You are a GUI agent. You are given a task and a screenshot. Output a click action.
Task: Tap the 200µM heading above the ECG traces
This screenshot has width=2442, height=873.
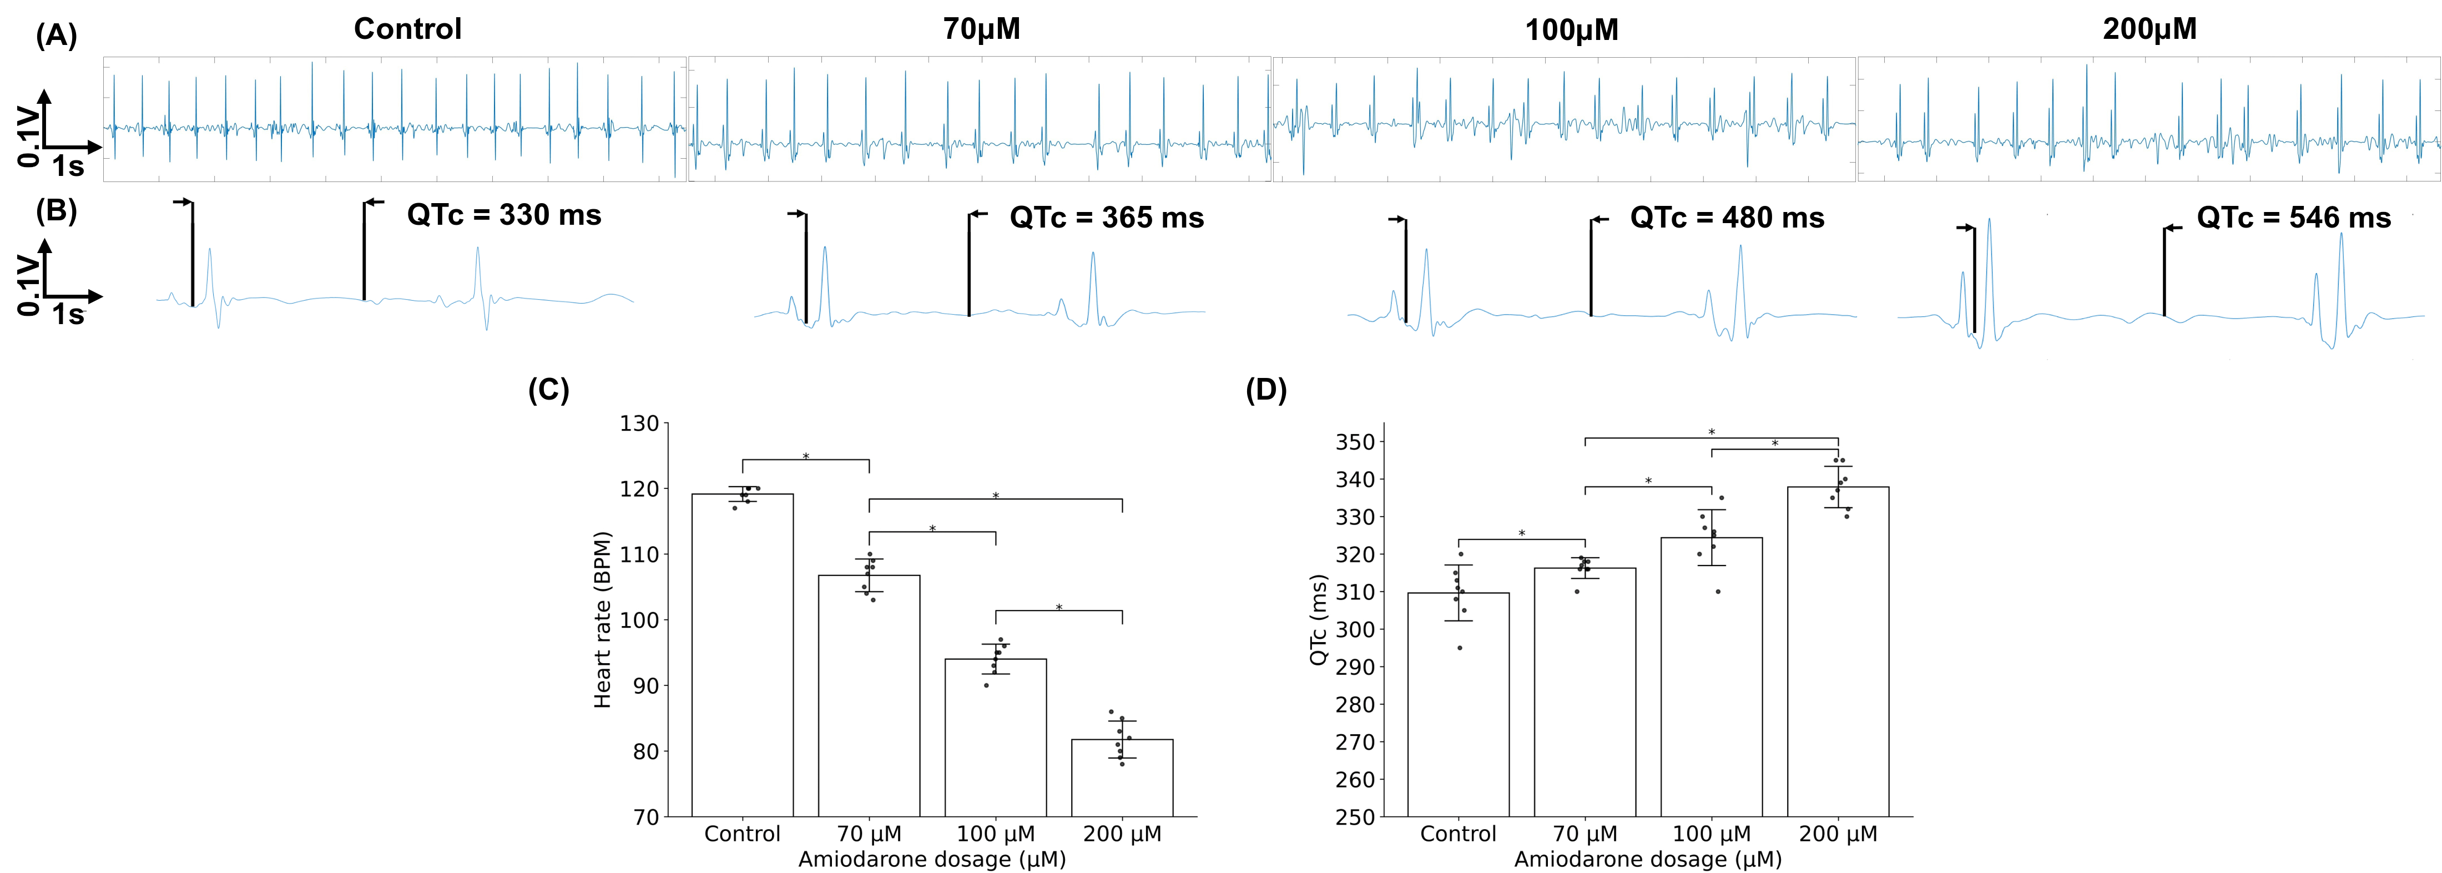point(2149,29)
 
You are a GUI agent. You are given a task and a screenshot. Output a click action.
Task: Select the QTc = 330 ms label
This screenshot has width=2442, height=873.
point(504,215)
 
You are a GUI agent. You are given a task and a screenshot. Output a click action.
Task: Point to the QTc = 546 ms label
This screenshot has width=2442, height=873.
point(2294,218)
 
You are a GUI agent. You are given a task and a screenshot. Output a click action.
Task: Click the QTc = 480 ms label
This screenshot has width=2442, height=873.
point(1727,218)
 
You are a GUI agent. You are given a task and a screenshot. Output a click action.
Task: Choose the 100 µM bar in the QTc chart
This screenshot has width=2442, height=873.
point(1711,677)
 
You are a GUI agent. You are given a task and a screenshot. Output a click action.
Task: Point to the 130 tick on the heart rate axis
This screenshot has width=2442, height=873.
point(640,423)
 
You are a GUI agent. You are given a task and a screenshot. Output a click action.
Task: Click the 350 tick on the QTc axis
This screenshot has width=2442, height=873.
point(1355,442)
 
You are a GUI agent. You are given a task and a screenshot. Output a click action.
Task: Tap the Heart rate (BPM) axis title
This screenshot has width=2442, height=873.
point(603,619)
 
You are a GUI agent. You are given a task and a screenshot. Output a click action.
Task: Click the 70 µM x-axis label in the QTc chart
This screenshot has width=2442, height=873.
point(1585,834)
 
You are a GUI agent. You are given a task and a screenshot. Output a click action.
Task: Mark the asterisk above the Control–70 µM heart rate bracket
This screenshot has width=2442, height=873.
point(806,457)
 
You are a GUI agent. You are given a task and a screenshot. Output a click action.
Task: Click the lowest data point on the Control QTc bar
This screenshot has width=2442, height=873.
point(1459,648)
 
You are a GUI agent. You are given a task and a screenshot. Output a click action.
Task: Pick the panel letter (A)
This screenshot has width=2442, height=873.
point(56,36)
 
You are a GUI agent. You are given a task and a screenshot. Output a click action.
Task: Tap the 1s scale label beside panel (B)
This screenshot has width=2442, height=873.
point(68,314)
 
